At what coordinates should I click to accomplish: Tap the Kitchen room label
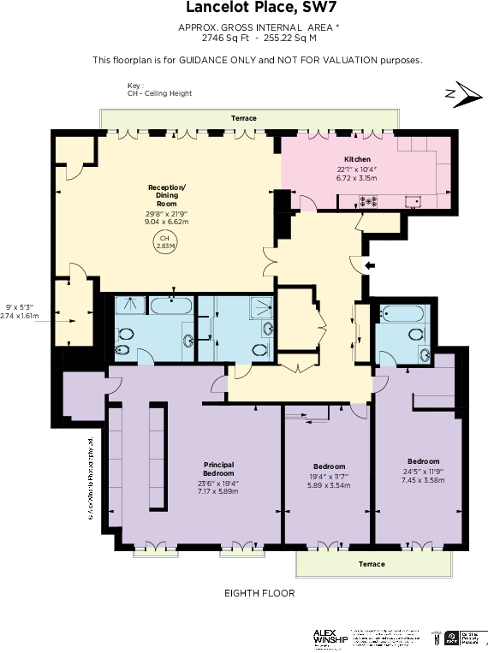coord(357,159)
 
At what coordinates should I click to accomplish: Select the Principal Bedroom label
coord(218,469)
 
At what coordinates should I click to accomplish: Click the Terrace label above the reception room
coord(244,118)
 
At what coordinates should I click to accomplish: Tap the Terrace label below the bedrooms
coord(372,564)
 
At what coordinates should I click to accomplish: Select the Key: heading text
coord(135,86)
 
